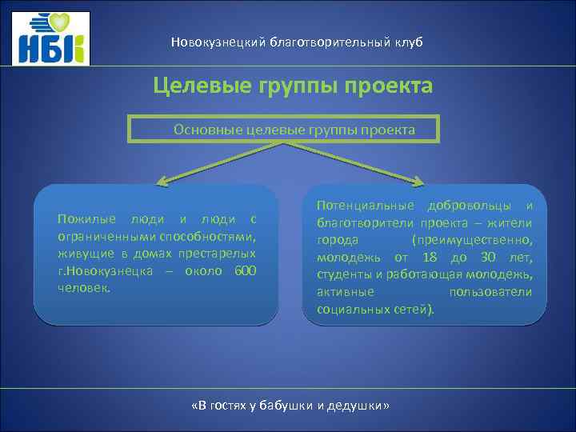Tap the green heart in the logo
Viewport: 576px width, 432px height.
74,22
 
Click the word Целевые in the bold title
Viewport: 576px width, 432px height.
200,85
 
